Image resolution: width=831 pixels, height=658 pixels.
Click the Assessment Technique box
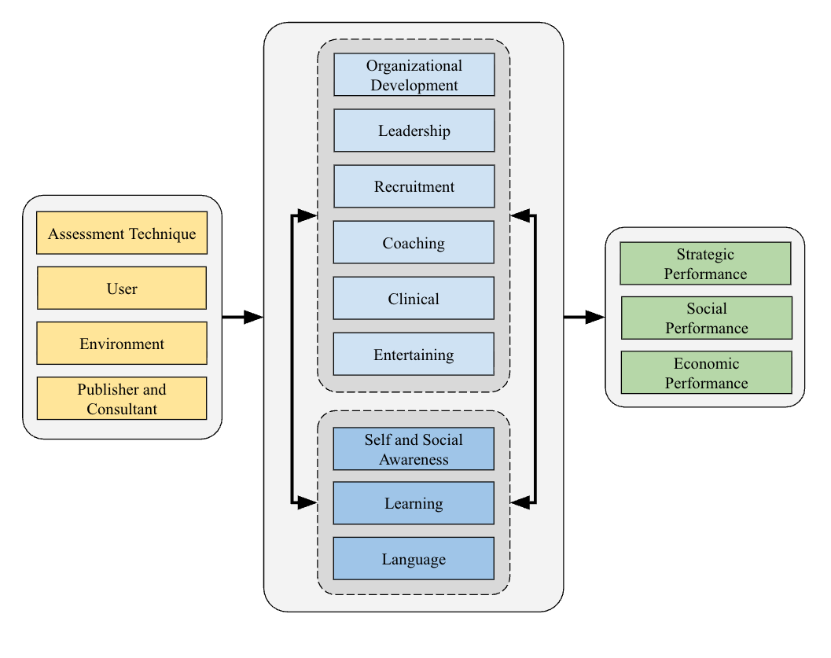click(122, 233)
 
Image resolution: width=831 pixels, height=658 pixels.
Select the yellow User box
click(122, 288)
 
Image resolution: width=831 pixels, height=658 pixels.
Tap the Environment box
click(122, 343)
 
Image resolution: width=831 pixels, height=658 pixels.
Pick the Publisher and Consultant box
click(122, 398)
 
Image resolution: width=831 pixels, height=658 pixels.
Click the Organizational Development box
click(414, 75)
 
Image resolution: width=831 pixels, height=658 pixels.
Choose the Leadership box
click(414, 130)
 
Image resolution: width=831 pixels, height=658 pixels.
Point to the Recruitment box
click(414, 186)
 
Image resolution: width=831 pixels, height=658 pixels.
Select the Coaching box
click(414, 242)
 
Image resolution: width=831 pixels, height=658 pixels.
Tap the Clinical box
click(414, 298)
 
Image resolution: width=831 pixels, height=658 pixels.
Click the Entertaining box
click(414, 354)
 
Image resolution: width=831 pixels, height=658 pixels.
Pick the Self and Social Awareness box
click(414, 449)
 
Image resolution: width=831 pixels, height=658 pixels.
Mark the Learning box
click(414, 503)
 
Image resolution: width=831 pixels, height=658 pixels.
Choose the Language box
click(414, 558)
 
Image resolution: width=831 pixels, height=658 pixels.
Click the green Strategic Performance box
click(705, 263)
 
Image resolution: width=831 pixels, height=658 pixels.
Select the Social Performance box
click(706, 318)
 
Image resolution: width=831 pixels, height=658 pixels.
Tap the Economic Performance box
click(706, 373)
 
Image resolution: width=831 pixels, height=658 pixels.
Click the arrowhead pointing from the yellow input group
click(253, 318)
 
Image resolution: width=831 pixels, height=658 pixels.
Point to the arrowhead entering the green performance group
click(595, 318)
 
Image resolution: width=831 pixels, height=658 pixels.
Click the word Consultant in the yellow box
click(122, 409)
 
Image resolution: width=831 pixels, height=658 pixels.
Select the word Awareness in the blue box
click(414, 459)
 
